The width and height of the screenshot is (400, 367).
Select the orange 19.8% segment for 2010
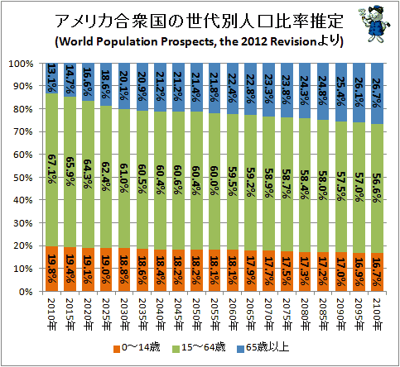tap(51, 269)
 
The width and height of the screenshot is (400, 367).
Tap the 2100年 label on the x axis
tap(377, 314)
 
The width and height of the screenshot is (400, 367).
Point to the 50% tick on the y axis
tap(23, 178)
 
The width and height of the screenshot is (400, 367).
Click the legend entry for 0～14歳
tap(137, 348)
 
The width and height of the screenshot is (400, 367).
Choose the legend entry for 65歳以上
tap(263, 348)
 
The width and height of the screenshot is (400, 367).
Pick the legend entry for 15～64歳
tap(199, 348)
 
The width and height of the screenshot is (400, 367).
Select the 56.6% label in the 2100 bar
tap(377, 188)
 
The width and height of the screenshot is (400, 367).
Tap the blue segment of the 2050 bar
tap(196, 88)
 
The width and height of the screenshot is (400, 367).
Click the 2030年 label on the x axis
tap(124, 314)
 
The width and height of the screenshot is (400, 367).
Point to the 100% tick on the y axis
tap(21, 64)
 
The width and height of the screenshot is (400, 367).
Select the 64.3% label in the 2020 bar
tap(88, 174)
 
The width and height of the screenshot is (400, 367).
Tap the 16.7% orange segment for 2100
tap(377, 272)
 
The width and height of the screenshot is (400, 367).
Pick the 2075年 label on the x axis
tap(287, 314)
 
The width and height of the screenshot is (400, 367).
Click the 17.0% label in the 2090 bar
tap(340, 272)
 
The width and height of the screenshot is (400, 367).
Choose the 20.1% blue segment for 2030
tap(124, 86)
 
